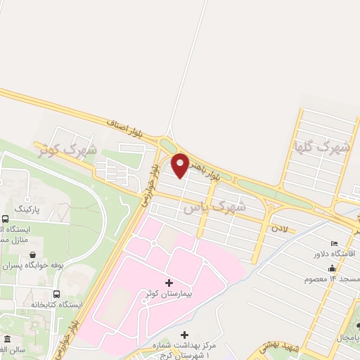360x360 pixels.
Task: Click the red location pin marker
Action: pos(180,165)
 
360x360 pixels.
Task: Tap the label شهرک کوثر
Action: pos(64,149)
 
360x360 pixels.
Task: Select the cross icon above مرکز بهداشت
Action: pos(184,335)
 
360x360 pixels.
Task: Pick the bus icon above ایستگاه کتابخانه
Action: pos(56,294)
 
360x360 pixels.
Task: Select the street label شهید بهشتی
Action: pos(278,347)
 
